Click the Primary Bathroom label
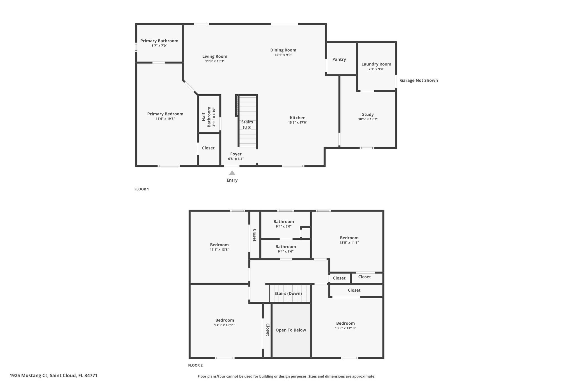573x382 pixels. [159, 41]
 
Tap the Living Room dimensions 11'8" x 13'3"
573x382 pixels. [215, 61]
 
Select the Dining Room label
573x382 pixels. [283, 50]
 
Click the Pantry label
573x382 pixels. [339, 59]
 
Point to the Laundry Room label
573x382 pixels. [376, 64]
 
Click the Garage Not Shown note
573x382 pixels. [419, 80]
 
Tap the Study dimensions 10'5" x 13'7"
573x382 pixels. [368, 119]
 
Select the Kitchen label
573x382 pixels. [298, 118]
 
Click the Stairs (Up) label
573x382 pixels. [247, 125]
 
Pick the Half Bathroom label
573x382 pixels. [206, 117]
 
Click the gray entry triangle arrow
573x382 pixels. [232, 173]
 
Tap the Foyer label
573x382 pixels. [236, 154]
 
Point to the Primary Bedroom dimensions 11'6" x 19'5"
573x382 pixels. [165, 119]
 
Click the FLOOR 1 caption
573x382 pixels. [142, 189]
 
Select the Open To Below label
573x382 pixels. [291, 330]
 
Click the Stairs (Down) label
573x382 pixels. [288, 294]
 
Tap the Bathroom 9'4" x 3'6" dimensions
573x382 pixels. [286, 252]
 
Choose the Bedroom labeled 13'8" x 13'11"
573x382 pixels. [225, 320]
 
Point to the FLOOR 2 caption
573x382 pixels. [195, 365]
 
